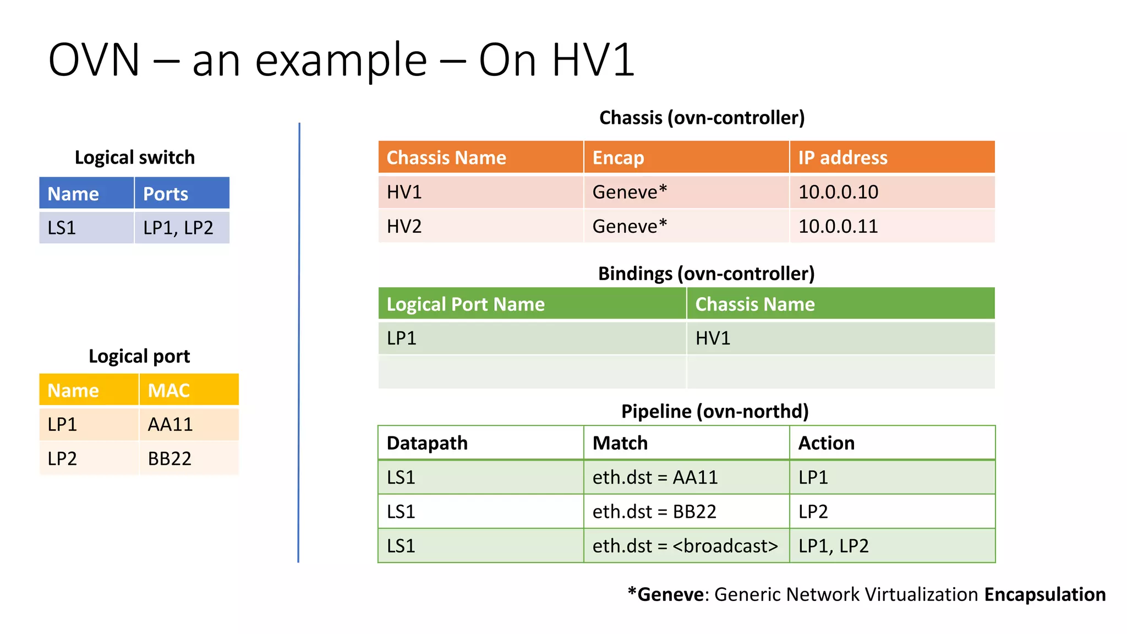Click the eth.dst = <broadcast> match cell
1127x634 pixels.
(x=685, y=546)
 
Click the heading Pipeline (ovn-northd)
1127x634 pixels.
(x=714, y=411)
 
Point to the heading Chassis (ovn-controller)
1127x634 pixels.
(x=702, y=118)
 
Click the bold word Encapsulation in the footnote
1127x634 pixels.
(x=1044, y=594)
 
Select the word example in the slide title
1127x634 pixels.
(x=341, y=61)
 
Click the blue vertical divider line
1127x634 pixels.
(x=299, y=341)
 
